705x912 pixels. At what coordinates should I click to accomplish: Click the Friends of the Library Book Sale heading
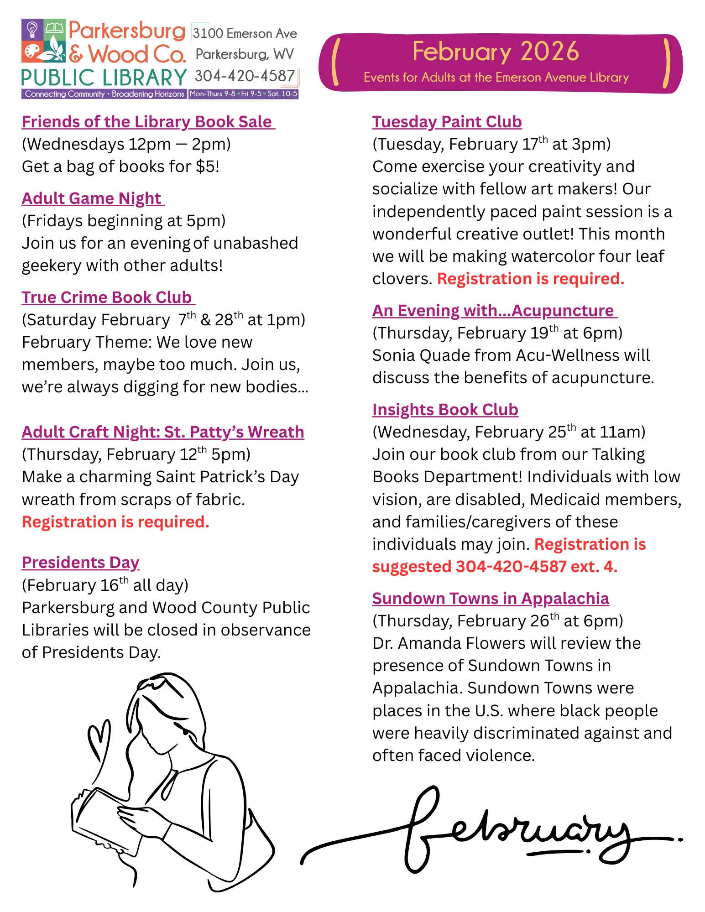pos(148,122)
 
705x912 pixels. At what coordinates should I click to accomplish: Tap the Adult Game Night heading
pos(92,198)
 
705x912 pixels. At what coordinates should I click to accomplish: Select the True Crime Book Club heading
pos(108,297)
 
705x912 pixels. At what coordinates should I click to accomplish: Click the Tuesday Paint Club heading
pos(447,122)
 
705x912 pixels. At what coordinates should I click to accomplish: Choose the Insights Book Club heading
pos(445,410)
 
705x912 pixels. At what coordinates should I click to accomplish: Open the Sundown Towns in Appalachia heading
pos(491,599)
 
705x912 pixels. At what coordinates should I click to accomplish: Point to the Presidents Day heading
pos(80,563)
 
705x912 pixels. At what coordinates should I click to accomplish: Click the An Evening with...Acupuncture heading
pos(494,311)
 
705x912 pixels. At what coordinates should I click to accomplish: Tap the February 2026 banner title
pos(496,52)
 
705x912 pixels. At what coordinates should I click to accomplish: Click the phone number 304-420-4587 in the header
pos(245,76)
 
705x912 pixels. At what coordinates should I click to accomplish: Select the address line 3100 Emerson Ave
pos(245,33)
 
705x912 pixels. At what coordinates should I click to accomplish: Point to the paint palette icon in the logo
pos(32,51)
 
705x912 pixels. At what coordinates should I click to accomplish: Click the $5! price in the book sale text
pos(208,167)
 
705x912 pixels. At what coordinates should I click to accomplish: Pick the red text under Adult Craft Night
pos(116,522)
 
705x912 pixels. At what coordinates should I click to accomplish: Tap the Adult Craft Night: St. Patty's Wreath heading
pos(163,432)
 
